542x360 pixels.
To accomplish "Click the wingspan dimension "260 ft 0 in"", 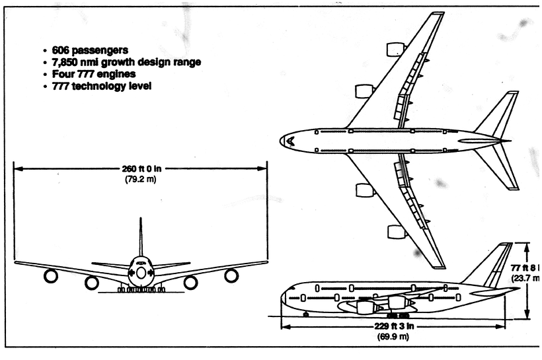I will [x=140, y=168].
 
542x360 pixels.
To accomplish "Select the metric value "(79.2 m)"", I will [x=140, y=179].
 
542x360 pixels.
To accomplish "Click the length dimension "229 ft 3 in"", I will [x=393, y=326].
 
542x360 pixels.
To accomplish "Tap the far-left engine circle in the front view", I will [x=51, y=276].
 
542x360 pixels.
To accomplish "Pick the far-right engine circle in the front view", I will [x=231, y=275].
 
